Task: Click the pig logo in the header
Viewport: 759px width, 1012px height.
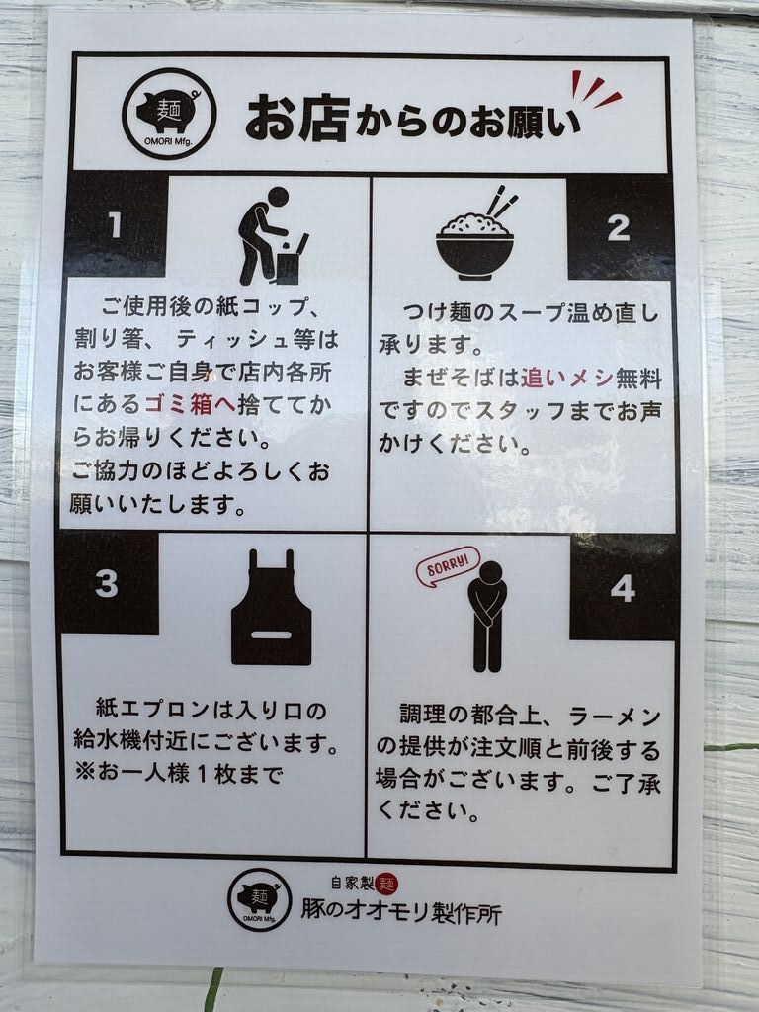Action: pyautogui.click(x=169, y=113)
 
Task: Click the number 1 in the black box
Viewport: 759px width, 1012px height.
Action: pyautogui.click(x=115, y=225)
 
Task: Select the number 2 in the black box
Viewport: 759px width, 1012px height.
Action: pyautogui.click(x=619, y=228)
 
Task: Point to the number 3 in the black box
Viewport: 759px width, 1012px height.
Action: pyautogui.click(x=107, y=583)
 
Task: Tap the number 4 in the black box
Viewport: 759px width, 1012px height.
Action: pyautogui.click(x=623, y=589)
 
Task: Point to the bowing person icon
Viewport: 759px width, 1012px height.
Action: pyautogui.click(x=486, y=617)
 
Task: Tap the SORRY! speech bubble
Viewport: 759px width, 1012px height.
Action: pyautogui.click(x=448, y=566)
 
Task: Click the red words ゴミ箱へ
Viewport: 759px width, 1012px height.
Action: pyautogui.click(x=190, y=404)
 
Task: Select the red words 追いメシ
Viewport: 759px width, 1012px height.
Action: pyautogui.click(x=566, y=378)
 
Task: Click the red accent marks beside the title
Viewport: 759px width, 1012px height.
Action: pyautogui.click(x=595, y=89)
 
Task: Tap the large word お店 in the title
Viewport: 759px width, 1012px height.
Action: pyautogui.click(x=297, y=118)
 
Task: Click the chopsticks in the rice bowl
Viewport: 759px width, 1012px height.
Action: pyautogui.click(x=502, y=202)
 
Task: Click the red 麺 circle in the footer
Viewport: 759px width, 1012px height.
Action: pyautogui.click(x=386, y=884)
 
